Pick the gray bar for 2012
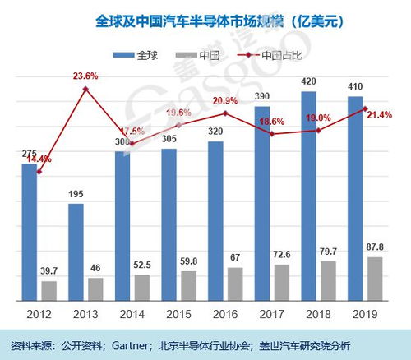[49, 290]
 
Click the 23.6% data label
[85, 76]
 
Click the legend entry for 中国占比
[284, 57]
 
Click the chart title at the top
[205, 18]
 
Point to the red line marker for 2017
[271, 133]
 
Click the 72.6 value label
[283, 254]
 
